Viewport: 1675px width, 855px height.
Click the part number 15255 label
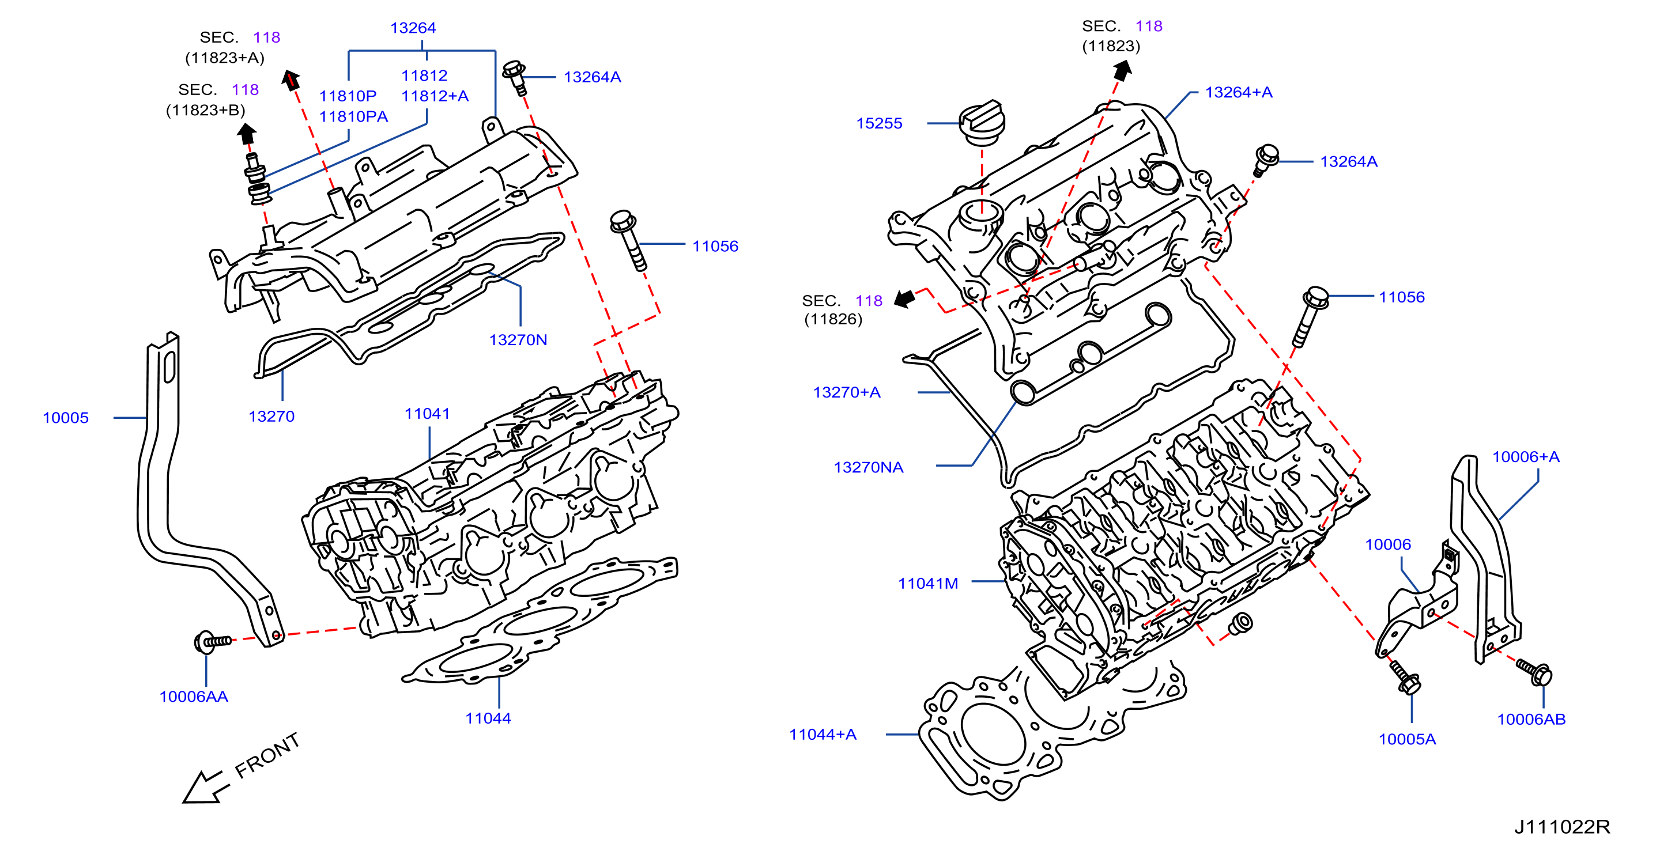pyautogui.click(x=879, y=123)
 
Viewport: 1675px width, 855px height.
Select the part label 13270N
pyautogui.click(x=518, y=340)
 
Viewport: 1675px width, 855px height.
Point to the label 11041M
pyautogui.click(x=928, y=584)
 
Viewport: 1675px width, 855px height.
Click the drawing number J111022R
pyautogui.click(x=1562, y=827)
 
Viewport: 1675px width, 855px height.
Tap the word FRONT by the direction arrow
pyautogui.click(x=267, y=755)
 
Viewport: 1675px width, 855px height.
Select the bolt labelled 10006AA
pyautogui.click(x=213, y=642)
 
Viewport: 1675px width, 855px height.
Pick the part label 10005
pyautogui.click(x=66, y=418)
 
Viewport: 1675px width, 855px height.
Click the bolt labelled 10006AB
pyautogui.click(x=1534, y=672)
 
